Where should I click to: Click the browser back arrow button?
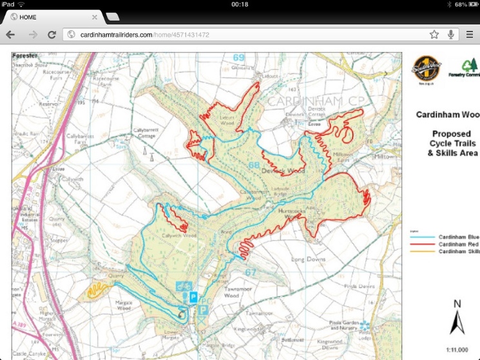[11, 34]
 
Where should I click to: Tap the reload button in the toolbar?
[52, 34]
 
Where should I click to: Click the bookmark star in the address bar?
[434, 34]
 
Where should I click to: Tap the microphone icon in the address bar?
[451, 34]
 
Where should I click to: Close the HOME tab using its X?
[95, 17]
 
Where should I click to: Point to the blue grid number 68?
[255, 166]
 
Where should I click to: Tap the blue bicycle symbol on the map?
[184, 287]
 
